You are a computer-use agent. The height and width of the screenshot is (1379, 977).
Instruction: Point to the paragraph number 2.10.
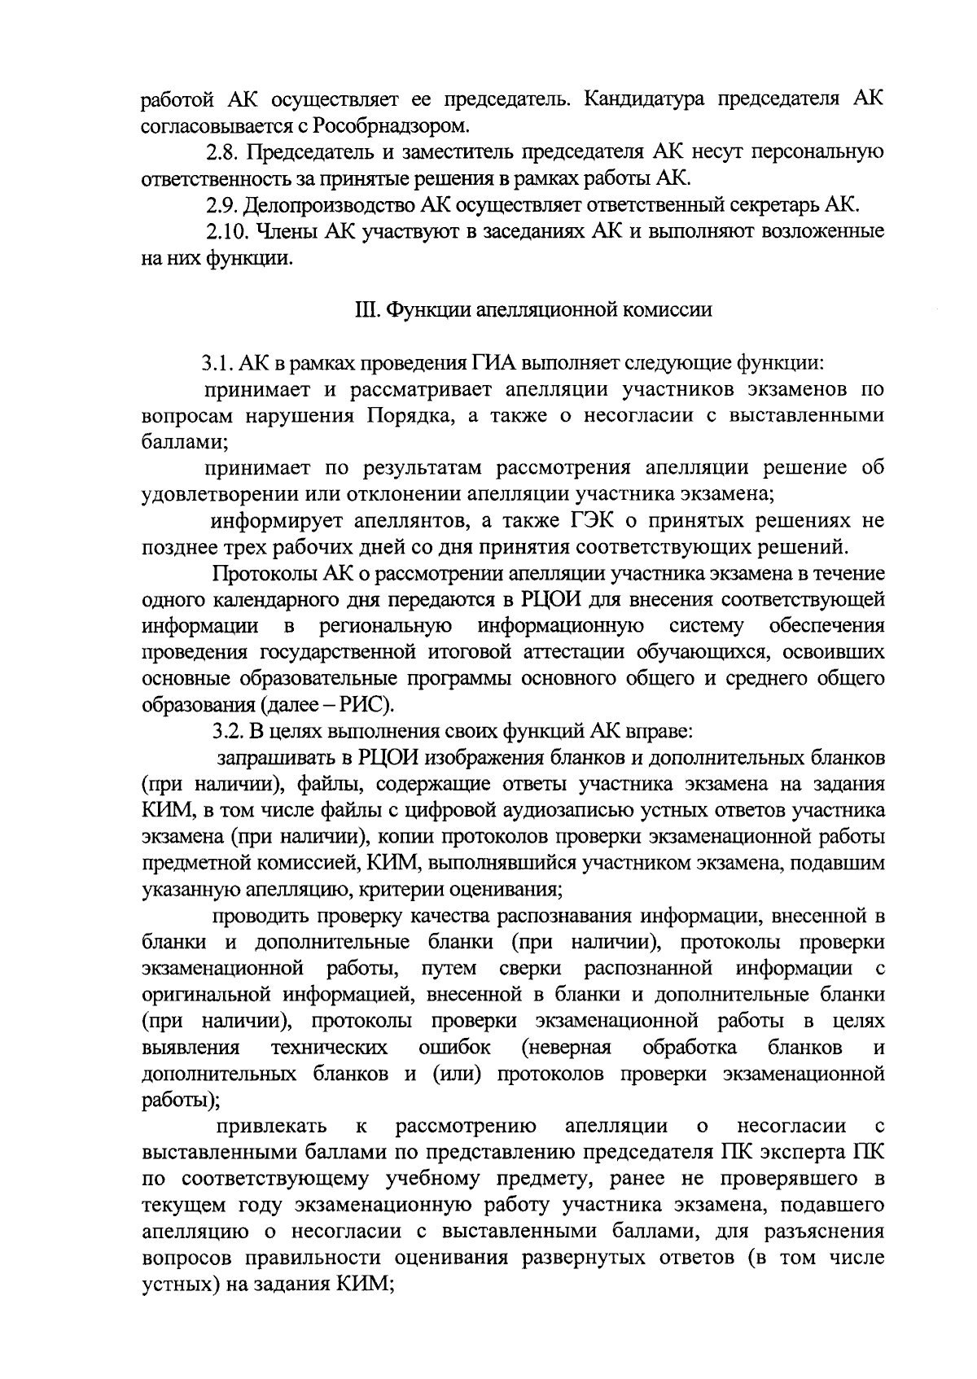226,231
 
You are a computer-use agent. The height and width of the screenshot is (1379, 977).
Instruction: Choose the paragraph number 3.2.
220,732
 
